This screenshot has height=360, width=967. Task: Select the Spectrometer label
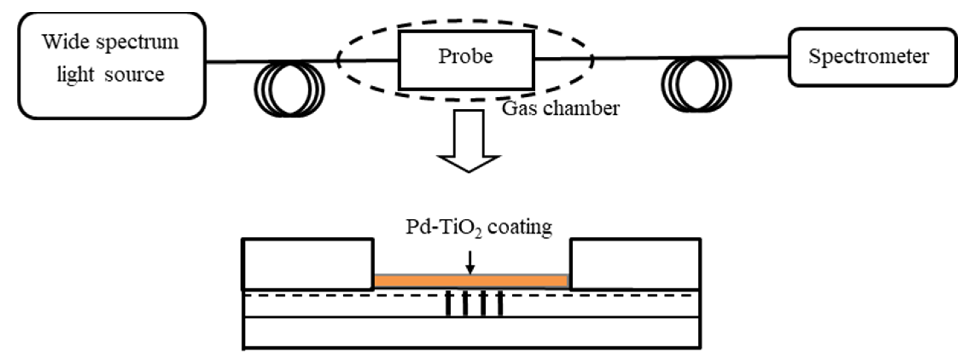[x=868, y=57]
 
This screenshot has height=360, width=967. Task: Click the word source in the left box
[x=134, y=74]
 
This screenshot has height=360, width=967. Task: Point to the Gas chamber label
[x=560, y=108]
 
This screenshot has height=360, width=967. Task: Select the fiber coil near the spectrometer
[x=696, y=85]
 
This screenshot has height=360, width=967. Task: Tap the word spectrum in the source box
[x=137, y=42]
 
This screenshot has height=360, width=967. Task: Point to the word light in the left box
[x=75, y=74]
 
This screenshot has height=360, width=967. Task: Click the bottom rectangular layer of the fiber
[x=471, y=333]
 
